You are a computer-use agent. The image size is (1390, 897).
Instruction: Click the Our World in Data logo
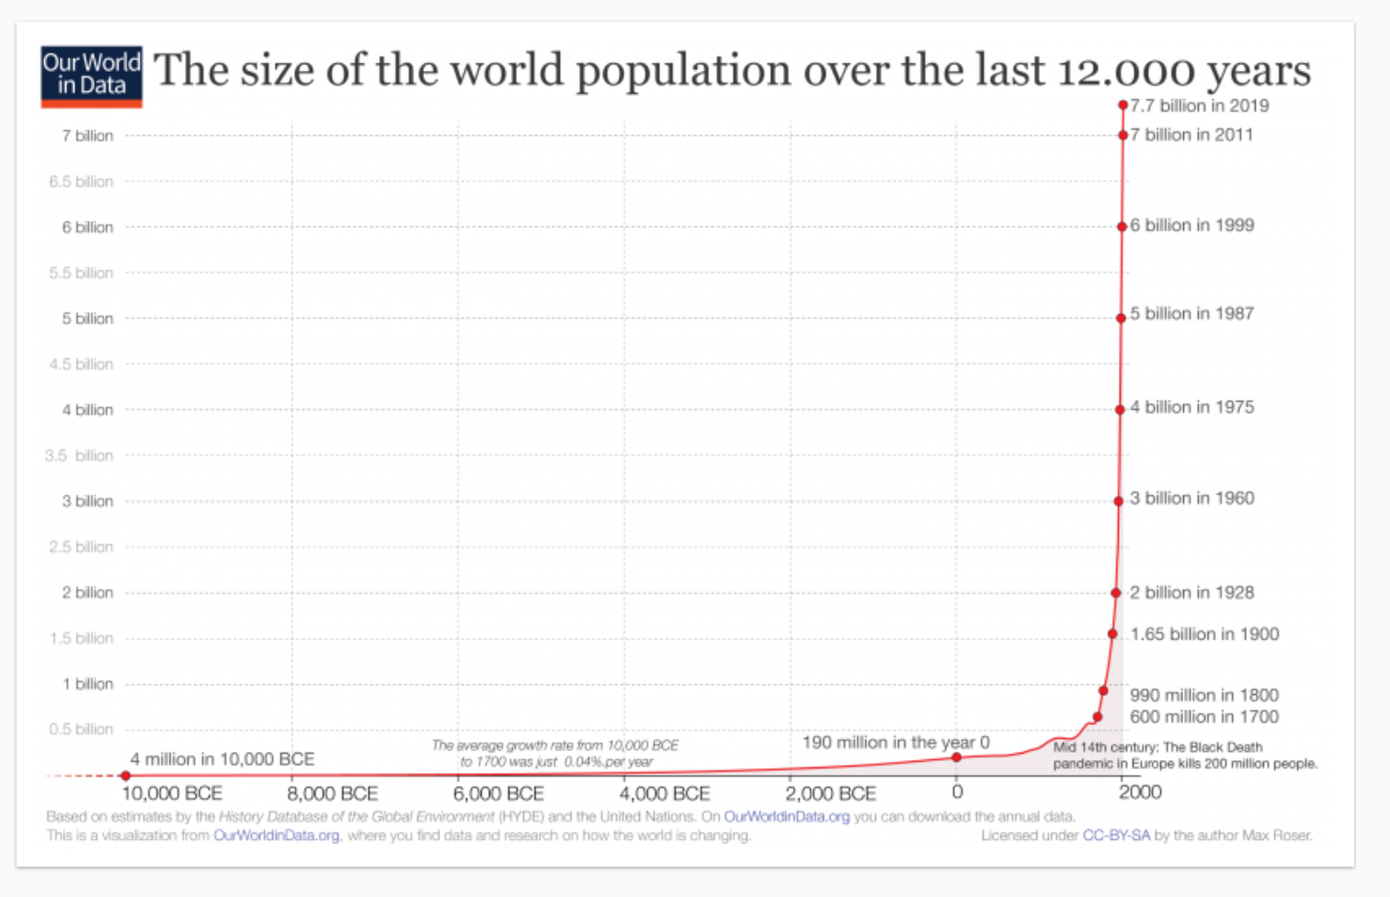coord(91,76)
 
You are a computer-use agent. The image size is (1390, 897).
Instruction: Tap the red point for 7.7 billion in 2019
coord(1122,106)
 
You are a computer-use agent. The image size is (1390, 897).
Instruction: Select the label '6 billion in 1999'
coord(1191,225)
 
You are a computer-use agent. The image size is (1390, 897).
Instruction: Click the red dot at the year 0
coord(956,757)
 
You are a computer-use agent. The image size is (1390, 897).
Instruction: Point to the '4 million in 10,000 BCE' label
coord(222,759)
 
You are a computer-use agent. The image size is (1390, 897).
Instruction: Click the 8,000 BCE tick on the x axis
coord(333,793)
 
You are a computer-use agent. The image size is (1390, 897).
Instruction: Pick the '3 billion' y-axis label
coord(87,501)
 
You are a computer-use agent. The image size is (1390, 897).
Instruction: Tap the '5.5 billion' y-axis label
coord(81,273)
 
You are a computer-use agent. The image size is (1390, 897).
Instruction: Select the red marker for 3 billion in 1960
coord(1119,501)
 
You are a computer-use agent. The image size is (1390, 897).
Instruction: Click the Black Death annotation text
coord(1184,755)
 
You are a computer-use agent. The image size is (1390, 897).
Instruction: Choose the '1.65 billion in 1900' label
coord(1204,634)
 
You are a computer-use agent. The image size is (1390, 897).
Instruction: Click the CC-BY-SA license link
coord(1115,835)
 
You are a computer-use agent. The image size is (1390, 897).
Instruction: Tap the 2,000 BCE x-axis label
coord(830,793)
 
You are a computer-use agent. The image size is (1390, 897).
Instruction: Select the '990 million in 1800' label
coord(1203,696)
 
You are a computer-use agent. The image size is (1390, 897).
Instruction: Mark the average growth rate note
coord(555,754)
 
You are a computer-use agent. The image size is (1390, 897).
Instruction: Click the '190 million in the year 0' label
coord(895,743)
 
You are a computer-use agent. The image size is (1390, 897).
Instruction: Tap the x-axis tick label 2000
coord(1140,792)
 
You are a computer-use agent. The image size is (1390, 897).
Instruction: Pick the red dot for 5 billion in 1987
coord(1121,318)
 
